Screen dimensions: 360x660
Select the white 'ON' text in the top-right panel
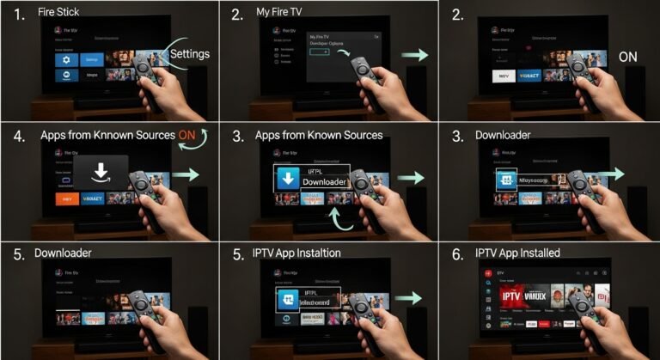628,57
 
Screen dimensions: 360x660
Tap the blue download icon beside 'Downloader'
286,179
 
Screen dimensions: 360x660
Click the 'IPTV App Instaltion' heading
310,253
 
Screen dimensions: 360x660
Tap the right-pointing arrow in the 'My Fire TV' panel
414,55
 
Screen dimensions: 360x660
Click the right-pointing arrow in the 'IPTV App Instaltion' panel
412,298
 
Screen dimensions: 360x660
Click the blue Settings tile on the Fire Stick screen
91,60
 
